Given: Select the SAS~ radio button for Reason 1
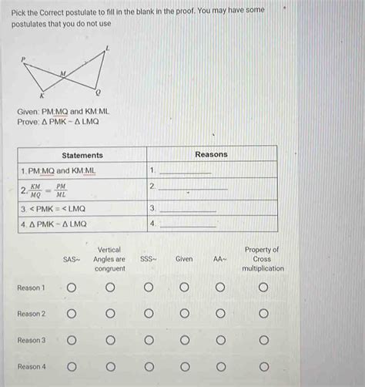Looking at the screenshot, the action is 72,288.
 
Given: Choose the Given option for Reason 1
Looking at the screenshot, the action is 184,288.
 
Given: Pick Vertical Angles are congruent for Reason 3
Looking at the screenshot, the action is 110,340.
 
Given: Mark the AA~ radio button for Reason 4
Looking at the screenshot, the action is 219,366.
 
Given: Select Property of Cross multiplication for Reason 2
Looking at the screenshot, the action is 263,314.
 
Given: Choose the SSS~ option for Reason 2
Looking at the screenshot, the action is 149,314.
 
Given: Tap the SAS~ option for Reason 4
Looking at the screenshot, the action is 72,366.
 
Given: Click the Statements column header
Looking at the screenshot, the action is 82,155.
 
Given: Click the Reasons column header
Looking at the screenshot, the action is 211,155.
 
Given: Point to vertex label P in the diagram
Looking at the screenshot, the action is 23,59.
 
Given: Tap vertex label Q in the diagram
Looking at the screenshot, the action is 97,91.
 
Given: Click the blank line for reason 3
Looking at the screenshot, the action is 188,209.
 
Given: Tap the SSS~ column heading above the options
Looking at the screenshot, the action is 149,260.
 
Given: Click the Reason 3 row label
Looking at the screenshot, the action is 32,340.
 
